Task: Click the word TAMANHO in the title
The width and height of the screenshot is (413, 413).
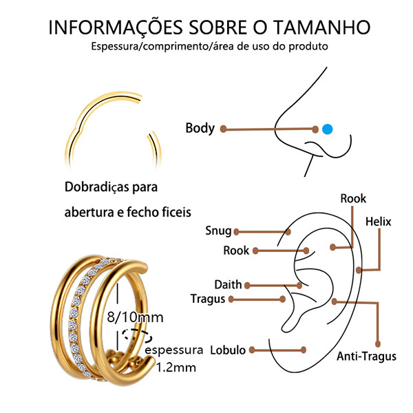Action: tap(321, 27)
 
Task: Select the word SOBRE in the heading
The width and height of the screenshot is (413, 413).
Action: tap(218, 27)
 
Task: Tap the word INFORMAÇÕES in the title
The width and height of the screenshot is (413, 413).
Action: tap(116, 28)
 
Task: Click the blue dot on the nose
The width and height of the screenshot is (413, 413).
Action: tap(328, 129)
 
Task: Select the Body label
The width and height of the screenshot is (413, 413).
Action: tap(200, 128)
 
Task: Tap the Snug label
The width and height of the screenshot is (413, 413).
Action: tap(218, 231)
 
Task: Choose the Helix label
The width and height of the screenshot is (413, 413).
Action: tap(378, 222)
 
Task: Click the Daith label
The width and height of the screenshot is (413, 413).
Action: tap(228, 284)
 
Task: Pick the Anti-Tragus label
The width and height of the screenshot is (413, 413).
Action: tap(366, 357)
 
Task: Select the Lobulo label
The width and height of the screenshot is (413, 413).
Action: tap(228, 350)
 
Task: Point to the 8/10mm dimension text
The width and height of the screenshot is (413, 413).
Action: tap(135, 317)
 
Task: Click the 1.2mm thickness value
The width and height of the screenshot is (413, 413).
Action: tap(176, 368)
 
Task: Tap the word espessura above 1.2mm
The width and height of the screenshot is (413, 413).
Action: tap(174, 350)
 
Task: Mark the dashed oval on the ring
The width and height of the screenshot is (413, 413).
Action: tap(137, 336)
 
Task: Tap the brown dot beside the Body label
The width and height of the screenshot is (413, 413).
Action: tap(223, 129)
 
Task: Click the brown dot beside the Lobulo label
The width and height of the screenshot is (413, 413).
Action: tap(252, 350)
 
